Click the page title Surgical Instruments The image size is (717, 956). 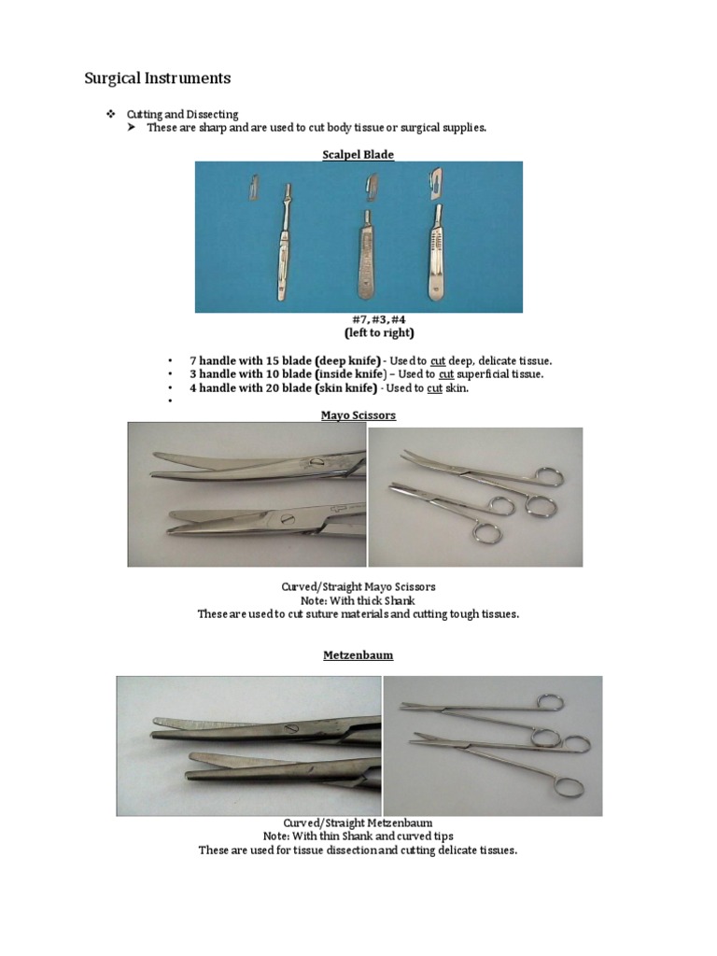pos(157,77)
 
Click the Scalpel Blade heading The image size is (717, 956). pos(358,154)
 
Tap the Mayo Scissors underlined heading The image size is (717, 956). pos(358,415)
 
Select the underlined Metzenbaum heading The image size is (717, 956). pos(358,655)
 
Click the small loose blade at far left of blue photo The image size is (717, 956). pos(253,186)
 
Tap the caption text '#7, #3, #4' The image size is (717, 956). pos(358,319)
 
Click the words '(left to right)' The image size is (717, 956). pos(358,332)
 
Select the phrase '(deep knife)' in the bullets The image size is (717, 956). pos(348,360)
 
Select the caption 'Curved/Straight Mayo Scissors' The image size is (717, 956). pos(358,586)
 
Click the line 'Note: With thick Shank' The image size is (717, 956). pos(358,600)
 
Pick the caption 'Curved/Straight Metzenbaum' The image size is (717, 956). pos(358,822)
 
